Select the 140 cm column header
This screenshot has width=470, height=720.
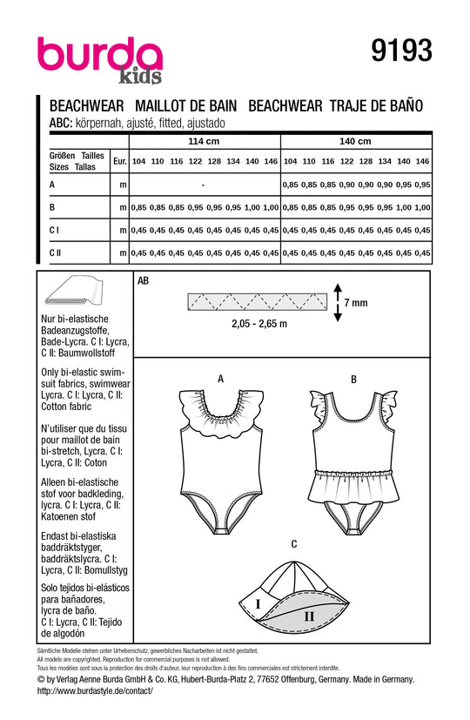pos(356,141)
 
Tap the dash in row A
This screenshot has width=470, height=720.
pos(202,185)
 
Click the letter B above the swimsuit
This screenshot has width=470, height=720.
pos(353,379)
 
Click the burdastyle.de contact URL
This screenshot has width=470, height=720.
pos(95,690)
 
